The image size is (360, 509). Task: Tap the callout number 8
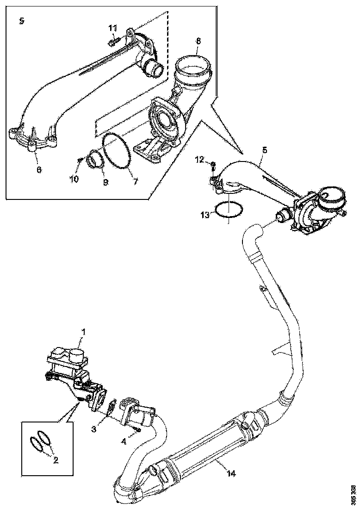pyautogui.click(x=198, y=41)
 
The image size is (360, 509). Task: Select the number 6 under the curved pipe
pyautogui.click(x=39, y=170)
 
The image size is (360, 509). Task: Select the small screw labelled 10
pyautogui.click(x=80, y=160)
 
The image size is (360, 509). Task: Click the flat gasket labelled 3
pyautogui.click(x=112, y=409)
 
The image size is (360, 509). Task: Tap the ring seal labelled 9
pyautogui.click(x=96, y=159)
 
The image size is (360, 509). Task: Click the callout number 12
pyautogui.click(x=199, y=160)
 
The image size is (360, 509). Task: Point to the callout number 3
pyautogui.click(x=94, y=430)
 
